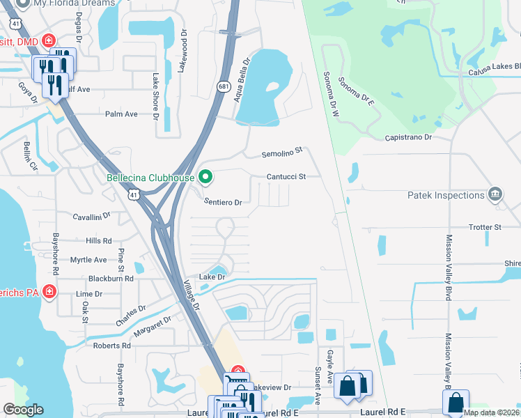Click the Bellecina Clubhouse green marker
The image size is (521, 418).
click(205, 177)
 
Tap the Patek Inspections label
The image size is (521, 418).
click(451, 196)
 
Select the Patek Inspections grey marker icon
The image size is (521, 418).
click(495, 194)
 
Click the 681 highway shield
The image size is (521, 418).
click(223, 86)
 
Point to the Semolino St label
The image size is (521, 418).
click(283, 151)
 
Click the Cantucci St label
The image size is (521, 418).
click(286, 177)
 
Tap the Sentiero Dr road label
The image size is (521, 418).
click(222, 202)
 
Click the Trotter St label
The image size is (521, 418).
click(485, 227)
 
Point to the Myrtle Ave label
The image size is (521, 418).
click(88, 260)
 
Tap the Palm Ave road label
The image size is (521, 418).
click(121, 114)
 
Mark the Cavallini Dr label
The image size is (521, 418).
click(92, 216)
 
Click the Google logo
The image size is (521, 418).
click(24, 410)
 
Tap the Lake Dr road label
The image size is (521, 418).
click(212, 277)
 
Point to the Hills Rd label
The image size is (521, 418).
click(98, 240)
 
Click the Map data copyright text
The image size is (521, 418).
click(491, 412)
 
